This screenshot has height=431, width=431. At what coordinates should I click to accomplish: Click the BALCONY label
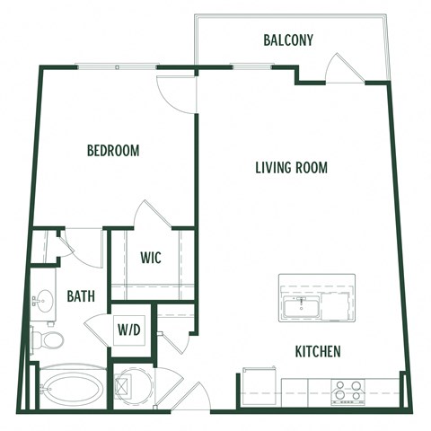click(x=288, y=40)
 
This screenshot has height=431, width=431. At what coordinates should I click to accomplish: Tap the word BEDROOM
click(x=113, y=151)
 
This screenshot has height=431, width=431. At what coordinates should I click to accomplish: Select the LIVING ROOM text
click(x=290, y=167)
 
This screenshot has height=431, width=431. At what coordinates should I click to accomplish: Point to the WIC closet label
click(x=151, y=256)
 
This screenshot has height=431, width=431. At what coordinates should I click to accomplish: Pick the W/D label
click(x=128, y=329)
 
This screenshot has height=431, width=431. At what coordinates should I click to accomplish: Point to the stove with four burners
click(x=348, y=391)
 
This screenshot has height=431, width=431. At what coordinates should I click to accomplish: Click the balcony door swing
click(x=344, y=67)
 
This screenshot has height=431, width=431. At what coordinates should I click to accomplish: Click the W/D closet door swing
click(x=175, y=339)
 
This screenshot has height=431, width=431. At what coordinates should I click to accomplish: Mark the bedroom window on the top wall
click(x=117, y=66)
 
